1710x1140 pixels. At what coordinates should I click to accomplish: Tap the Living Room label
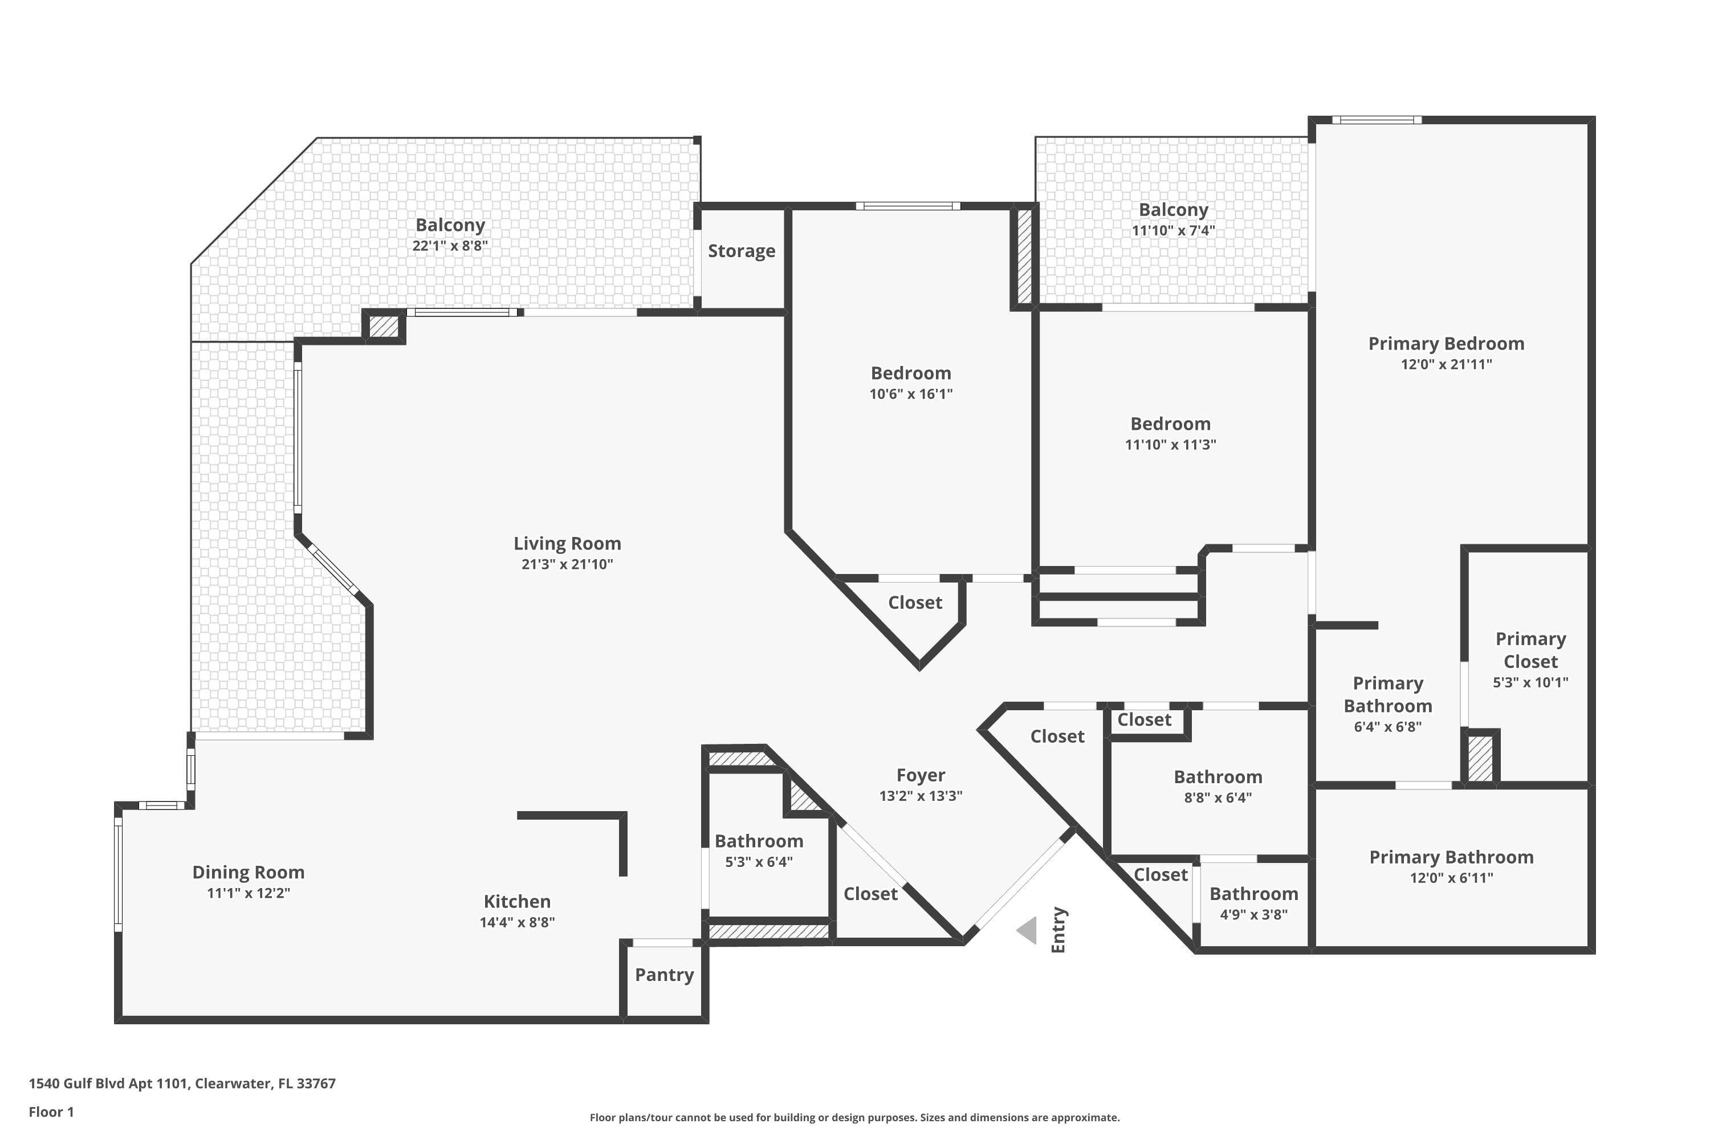(567, 543)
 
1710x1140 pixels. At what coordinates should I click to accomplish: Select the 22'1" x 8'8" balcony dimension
(450, 246)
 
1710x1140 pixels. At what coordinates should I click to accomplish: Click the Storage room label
(742, 251)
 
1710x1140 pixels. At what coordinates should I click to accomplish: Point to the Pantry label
(665, 975)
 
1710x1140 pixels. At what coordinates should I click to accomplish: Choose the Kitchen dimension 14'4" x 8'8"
(517, 922)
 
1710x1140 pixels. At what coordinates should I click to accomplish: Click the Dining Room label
(249, 873)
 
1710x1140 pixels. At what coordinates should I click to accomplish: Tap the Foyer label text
(921, 776)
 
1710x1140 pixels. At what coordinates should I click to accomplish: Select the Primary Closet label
(1530, 650)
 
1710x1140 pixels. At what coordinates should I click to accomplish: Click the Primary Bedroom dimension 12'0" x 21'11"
(1446, 364)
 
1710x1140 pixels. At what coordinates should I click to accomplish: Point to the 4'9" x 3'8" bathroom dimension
(1253, 915)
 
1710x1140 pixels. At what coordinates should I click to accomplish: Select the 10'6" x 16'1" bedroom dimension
(911, 394)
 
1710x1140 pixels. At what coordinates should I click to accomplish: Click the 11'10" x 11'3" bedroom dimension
(1171, 445)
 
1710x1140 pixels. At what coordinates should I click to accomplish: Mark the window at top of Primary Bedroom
(1377, 120)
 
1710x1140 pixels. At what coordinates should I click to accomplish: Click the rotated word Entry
(1058, 930)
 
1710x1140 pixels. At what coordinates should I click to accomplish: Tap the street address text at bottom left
(182, 1084)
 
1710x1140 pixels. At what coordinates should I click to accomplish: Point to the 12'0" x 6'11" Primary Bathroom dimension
(1451, 878)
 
